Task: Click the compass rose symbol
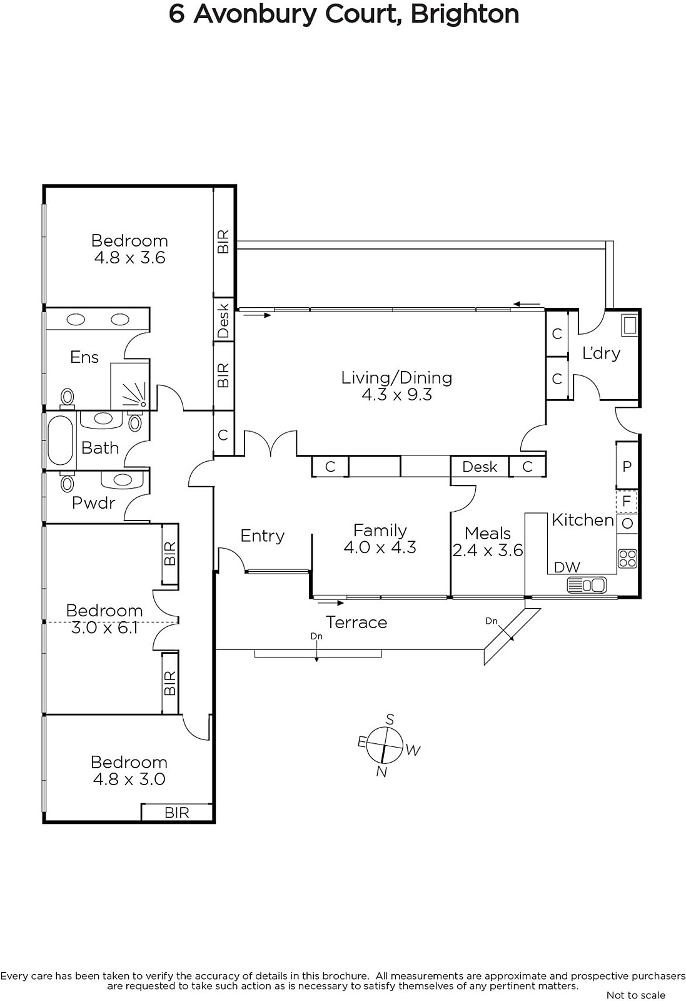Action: tap(385, 745)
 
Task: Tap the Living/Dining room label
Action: tap(396, 378)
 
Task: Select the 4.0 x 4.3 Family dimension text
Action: tap(380, 547)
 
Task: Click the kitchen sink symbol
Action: tap(587, 585)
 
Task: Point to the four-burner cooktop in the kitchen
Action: tap(627, 559)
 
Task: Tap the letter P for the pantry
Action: tap(627, 467)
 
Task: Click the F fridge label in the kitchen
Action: tap(627, 501)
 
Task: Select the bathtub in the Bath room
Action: tap(60, 440)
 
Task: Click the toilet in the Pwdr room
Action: tap(68, 482)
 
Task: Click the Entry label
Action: tap(262, 536)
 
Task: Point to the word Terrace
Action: tap(356, 622)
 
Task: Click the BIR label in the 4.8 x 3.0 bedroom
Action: tap(177, 813)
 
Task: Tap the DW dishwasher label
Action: tap(567, 567)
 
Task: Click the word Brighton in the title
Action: tap(465, 14)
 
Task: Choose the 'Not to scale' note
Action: tap(635, 995)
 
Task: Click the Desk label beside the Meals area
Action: tap(480, 467)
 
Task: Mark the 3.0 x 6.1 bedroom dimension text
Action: tap(104, 628)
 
